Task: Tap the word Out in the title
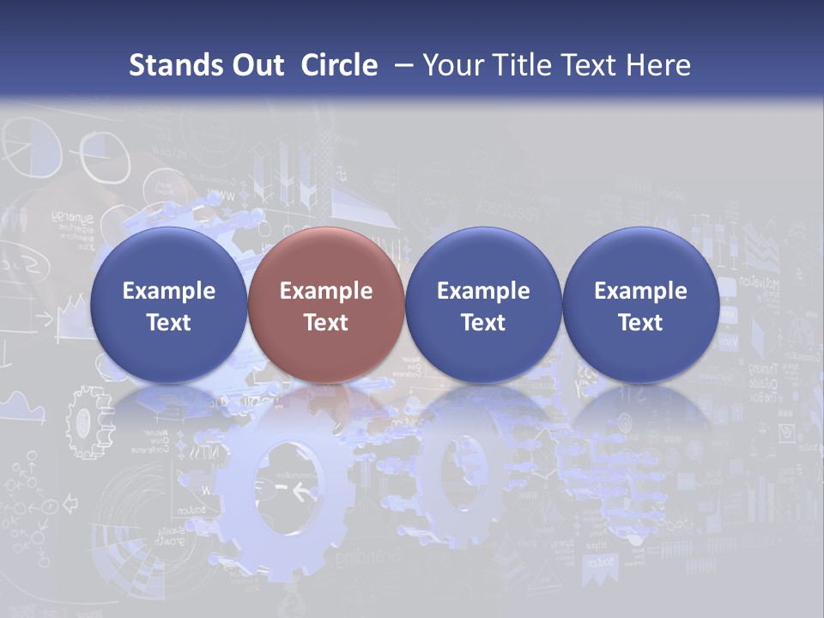(256, 65)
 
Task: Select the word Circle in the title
(339, 65)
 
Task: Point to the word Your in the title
(450, 65)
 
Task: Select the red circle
(325, 305)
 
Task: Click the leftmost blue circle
(168, 305)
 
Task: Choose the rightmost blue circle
(640, 305)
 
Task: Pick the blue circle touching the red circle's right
(483, 305)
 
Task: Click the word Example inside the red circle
(325, 291)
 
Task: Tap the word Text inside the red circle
(325, 323)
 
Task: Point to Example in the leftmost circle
(168, 291)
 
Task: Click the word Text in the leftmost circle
(168, 323)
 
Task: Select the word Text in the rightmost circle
(640, 323)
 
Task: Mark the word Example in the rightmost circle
(640, 291)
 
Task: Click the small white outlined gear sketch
(86, 421)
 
